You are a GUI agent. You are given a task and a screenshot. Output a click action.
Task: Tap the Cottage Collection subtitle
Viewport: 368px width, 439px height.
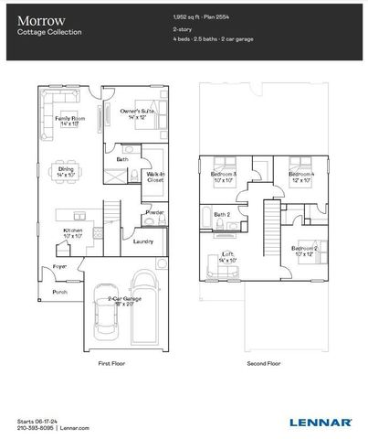49,32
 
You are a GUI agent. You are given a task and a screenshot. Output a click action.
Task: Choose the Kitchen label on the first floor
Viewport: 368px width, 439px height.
73,232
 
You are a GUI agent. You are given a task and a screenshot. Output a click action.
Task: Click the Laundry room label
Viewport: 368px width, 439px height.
142,241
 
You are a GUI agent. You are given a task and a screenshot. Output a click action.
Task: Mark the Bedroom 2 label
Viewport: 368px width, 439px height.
304,250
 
